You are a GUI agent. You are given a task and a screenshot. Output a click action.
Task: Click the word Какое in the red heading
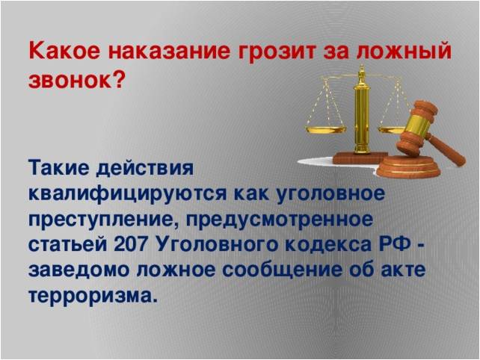[64, 51]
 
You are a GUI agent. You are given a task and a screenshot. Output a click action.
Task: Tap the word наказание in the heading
[169, 51]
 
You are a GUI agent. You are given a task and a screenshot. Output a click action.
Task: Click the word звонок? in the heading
[77, 80]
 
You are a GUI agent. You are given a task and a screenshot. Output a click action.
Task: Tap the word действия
[145, 169]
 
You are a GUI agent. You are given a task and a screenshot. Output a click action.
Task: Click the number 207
[132, 245]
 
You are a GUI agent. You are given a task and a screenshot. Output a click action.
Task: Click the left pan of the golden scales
[326, 130]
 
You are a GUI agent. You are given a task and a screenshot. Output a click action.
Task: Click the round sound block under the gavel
[408, 167]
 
